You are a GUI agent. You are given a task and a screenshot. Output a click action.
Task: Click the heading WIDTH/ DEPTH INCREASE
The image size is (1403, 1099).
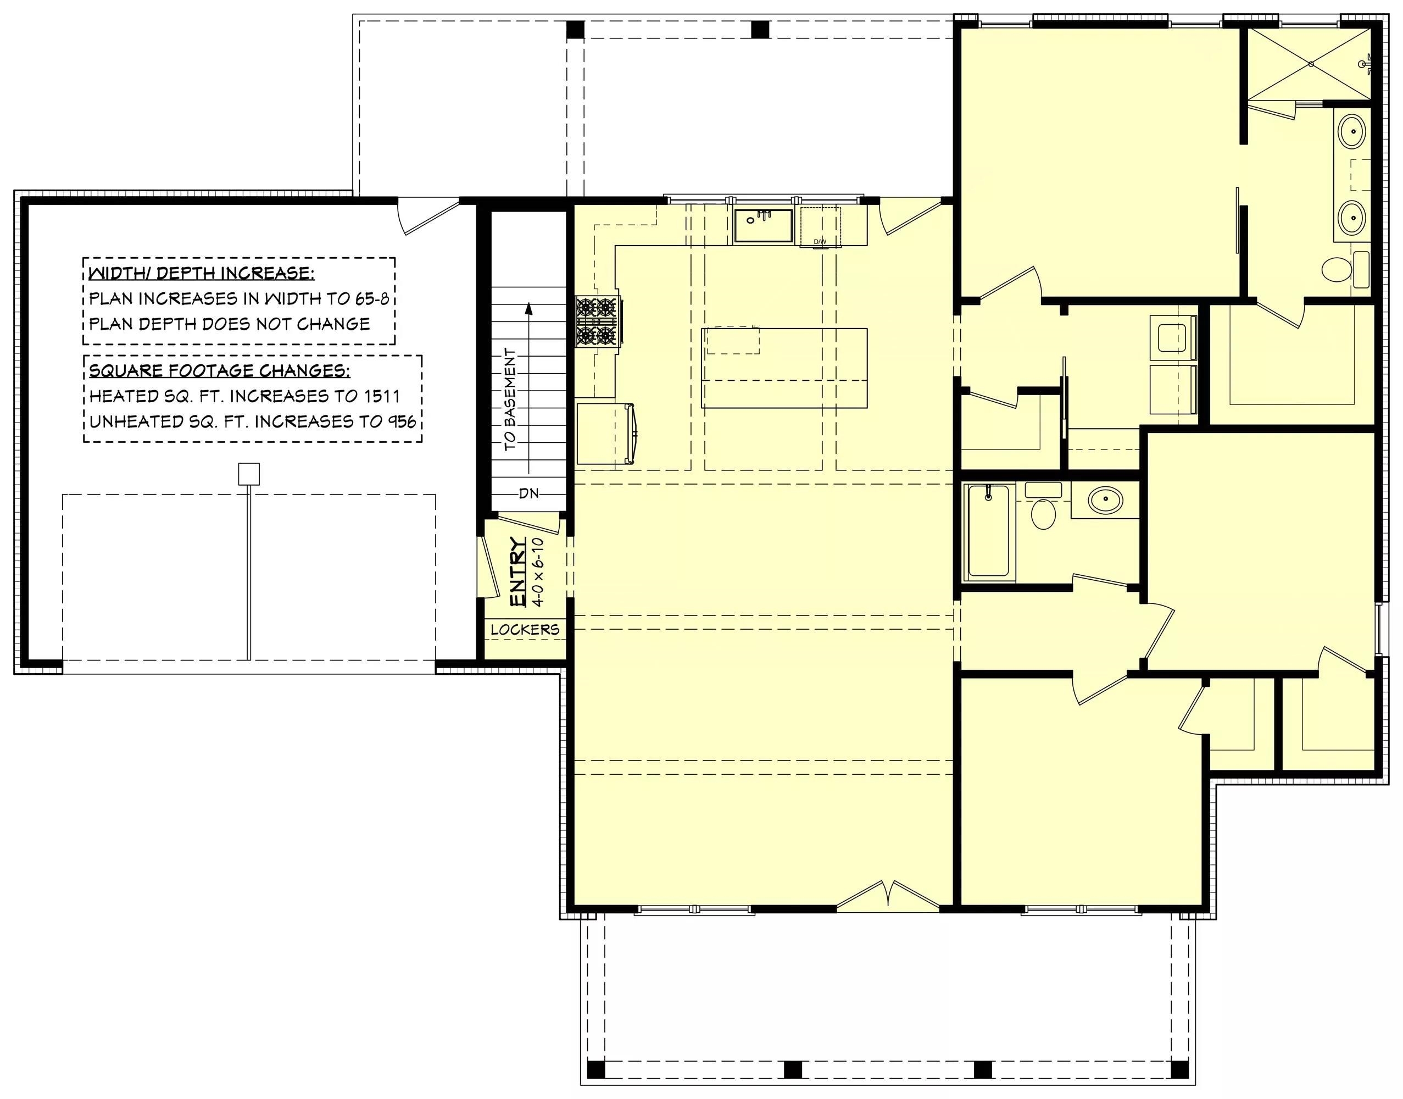pyautogui.click(x=202, y=274)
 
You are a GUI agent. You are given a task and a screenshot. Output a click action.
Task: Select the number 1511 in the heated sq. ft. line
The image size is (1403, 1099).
pyautogui.click(x=380, y=396)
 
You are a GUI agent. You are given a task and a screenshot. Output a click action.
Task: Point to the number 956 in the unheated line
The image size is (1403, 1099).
pyautogui.click(x=402, y=421)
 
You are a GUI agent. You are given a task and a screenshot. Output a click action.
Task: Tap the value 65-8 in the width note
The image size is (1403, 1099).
pyautogui.click(x=372, y=298)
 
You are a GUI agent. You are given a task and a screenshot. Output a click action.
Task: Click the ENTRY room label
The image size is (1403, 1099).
pyautogui.click(x=519, y=571)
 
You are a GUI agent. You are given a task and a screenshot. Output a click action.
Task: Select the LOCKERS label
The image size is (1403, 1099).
pyautogui.click(x=525, y=629)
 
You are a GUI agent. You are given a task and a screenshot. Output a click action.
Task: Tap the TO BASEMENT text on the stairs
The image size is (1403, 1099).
pyautogui.click(x=510, y=399)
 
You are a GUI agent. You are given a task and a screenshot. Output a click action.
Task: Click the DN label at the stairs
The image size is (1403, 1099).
pyautogui.click(x=529, y=493)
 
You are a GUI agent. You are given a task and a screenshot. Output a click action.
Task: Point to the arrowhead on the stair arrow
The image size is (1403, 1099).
pyautogui.click(x=529, y=308)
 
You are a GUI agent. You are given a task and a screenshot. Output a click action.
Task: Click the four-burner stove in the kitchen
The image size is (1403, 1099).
pyautogui.click(x=597, y=320)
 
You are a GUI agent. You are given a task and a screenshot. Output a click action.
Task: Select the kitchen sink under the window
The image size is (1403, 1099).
pyautogui.click(x=764, y=225)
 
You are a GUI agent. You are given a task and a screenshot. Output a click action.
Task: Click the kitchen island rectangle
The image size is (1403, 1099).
pyautogui.click(x=784, y=368)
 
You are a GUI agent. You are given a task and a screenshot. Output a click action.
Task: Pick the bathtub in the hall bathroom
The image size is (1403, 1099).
pyautogui.click(x=988, y=531)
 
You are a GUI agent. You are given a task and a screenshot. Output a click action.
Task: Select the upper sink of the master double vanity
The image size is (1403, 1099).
pyautogui.click(x=1351, y=132)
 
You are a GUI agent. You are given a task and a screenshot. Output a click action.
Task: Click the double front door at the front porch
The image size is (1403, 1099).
pyautogui.click(x=888, y=896)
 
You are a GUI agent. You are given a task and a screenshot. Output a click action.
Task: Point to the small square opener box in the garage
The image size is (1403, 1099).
pyautogui.click(x=249, y=474)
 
